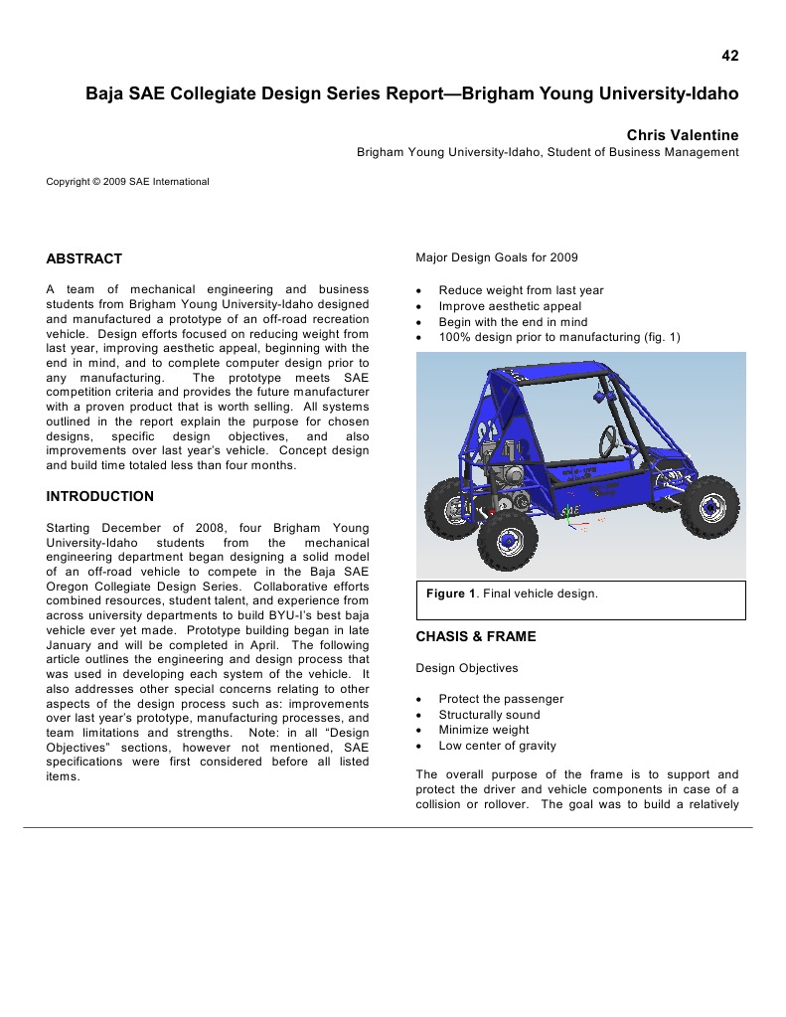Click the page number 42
click(x=730, y=56)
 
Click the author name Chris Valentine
click(x=683, y=134)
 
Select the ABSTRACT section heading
click(x=84, y=258)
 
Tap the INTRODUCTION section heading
click(x=100, y=496)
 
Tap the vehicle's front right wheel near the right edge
click(x=709, y=506)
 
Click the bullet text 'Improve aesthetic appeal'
click(x=510, y=306)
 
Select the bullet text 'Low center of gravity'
click(x=497, y=746)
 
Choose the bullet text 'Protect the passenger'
click(x=501, y=699)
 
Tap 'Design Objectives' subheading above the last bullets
click(x=467, y=668)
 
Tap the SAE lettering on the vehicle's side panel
click(x=570, y=511)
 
